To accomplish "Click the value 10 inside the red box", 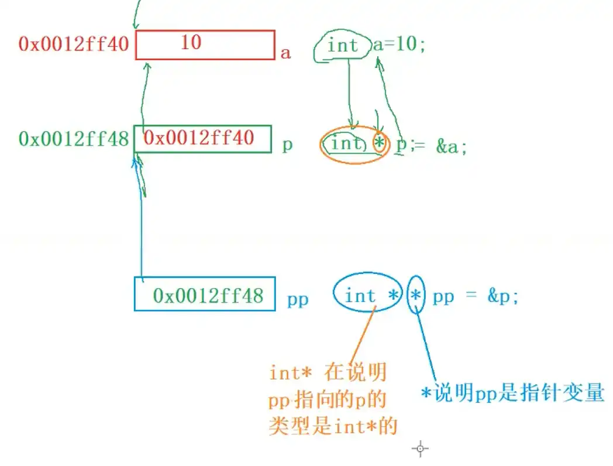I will click(x=191, y=42).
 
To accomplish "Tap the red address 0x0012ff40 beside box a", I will click(x=73, y=44).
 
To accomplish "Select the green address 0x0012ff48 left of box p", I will click(x=73, y=139).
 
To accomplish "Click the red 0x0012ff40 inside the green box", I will click(x=199, y=138).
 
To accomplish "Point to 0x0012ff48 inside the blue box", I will click(x=208, y=296).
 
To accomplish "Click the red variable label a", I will click(x=285, y=53).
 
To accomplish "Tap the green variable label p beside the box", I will click(x=287, y=145).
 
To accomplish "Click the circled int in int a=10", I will click(x=343, y=45).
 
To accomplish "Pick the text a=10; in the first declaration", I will click(x=400, y=44).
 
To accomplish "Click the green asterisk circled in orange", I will click(x=380, y=143).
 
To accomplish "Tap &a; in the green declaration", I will click(x=452, y=148).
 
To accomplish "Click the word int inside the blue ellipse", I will click(x=360, y=296).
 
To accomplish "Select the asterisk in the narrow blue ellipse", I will click(x=415, y=296).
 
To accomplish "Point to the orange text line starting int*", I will click(x=328, y=372).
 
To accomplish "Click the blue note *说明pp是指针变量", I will click(x=512, y=393).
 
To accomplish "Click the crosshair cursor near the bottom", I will click(x=420, y=449).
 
